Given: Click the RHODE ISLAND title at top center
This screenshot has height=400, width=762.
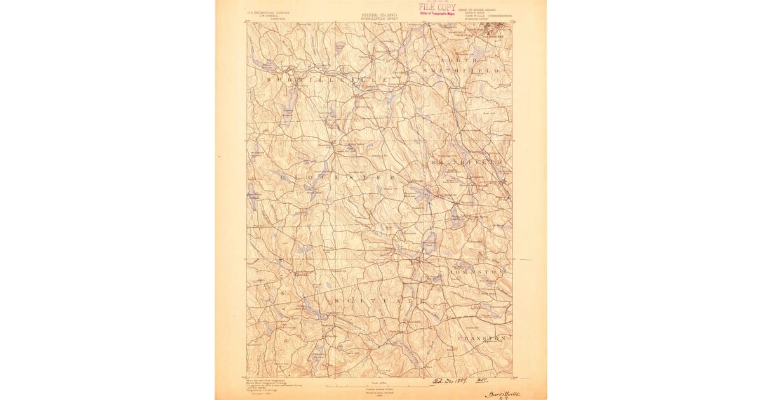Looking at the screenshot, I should point(379,14).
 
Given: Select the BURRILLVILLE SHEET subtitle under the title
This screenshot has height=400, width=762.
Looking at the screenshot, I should point(379,18).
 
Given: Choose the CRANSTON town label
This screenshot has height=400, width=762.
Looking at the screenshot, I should point(482,338).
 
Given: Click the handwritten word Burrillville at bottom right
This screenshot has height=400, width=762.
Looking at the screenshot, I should point(502,394).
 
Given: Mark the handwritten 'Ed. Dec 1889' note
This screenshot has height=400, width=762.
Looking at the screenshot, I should point(450,382).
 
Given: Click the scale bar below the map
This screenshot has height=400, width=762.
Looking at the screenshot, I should point(379,385).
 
